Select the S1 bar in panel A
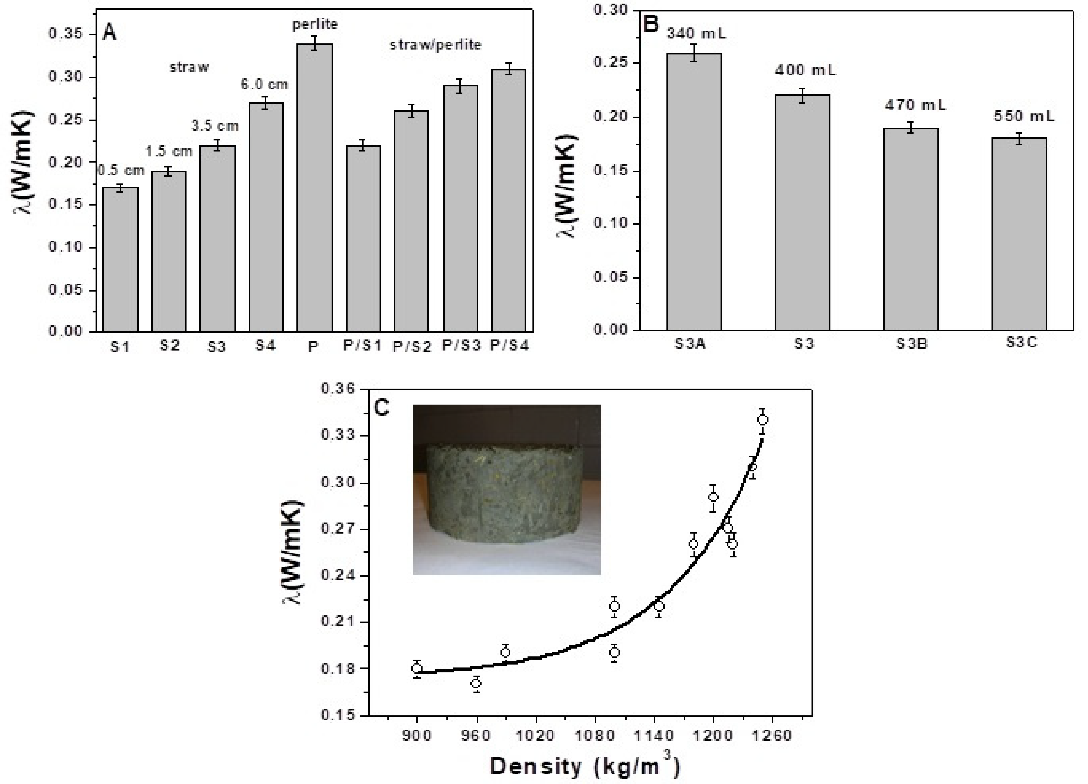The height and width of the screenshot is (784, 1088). click(120, 259)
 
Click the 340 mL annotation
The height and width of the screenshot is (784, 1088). click(696, 34)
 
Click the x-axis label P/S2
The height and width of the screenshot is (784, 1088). click(412, 346)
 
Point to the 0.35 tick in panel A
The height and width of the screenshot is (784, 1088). click(66, 35)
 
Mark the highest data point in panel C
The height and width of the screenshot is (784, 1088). click(762, 420)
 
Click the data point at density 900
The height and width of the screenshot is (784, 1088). click(416, 668)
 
